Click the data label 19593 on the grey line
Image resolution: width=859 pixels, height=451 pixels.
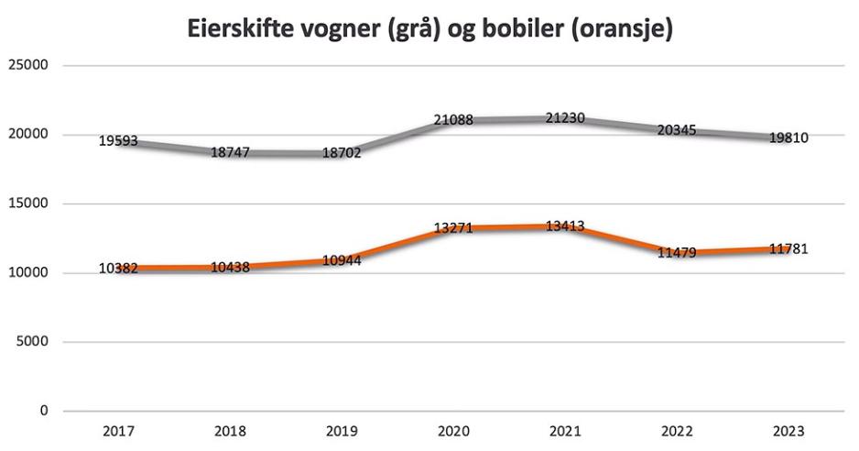(x=118, y=142)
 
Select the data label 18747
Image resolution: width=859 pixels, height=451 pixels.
(x=230, y=153)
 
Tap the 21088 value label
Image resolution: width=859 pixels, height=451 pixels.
(x=453, y=119)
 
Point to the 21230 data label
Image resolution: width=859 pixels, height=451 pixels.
(x=565, y=118)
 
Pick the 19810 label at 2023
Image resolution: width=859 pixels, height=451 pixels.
(x=788, y=137)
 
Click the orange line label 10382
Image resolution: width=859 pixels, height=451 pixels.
(x=118, y=268)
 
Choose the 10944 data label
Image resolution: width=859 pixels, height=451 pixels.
(x=342, y=260)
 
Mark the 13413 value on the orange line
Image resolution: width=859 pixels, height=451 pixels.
(x=565, y=226)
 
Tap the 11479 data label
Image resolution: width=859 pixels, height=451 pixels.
(x=677, y=253)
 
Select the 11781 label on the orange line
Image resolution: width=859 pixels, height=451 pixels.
(x=788, y=249)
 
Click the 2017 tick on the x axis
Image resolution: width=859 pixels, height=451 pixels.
(x=118, y=431)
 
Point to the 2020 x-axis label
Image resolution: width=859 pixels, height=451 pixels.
(x=453, y=431)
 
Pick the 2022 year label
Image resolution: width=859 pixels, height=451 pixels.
(x=677, y=431)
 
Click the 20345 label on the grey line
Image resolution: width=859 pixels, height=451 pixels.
(x=677, y=130)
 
